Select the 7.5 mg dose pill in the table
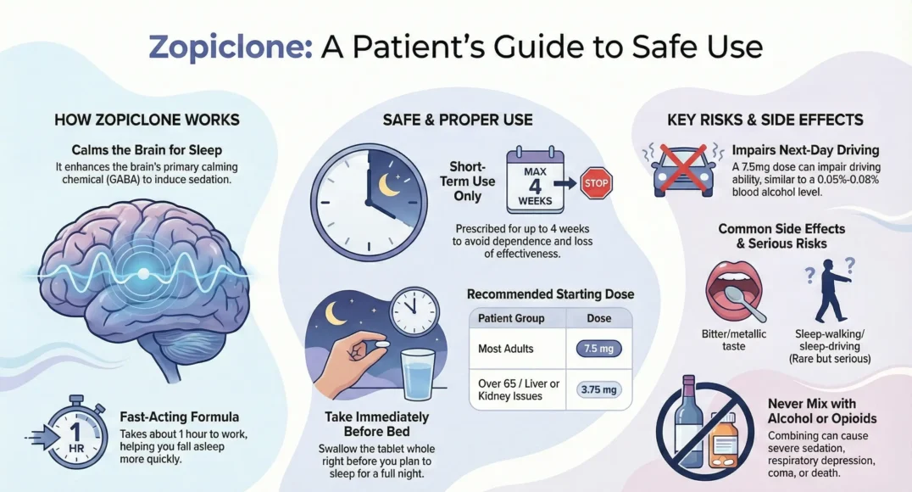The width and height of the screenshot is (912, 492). coord(598,348)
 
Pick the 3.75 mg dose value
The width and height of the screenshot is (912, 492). coord(598,390)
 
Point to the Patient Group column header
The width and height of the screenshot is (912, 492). coord(511,318)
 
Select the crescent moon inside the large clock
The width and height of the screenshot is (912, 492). coord(389,186)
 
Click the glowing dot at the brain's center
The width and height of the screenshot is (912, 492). coord(142,274)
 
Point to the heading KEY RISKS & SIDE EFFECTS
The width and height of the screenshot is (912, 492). coord(765,120)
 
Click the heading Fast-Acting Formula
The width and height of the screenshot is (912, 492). coord(191,417)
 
